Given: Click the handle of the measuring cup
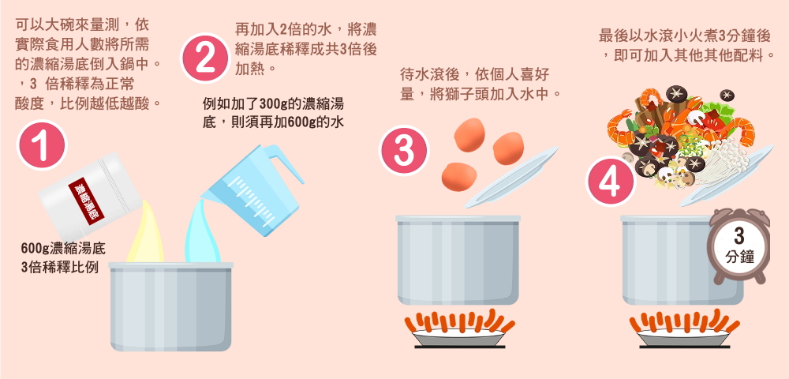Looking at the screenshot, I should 284,162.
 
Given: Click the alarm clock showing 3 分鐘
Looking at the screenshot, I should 739,245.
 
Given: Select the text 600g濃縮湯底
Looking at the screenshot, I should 63,249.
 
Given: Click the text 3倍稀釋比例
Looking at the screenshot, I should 60,267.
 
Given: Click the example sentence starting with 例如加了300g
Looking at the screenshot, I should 273,113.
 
